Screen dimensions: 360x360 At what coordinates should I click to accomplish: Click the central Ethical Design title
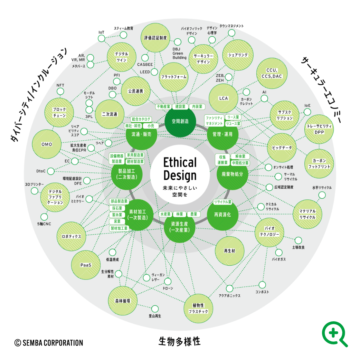(x=180, y=169)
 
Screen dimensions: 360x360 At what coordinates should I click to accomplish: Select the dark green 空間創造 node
(x=180, y=122)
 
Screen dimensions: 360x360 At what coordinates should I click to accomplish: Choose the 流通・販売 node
(x=141, y=134)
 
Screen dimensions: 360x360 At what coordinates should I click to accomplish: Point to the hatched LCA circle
(x=224, y=98)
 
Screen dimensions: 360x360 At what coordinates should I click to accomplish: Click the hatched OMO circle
(x=47, y=144)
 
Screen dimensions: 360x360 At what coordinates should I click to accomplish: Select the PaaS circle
(x=86, y=265)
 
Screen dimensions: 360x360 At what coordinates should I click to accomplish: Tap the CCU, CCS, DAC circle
(x=272, y=73)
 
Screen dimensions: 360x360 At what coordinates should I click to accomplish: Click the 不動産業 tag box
(x=163, y=107)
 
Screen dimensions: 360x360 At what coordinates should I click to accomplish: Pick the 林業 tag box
(x=180, y=214)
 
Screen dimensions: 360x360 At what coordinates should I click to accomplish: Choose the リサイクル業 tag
(x=223, y=202)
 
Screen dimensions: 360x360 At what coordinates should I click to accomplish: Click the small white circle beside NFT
(x=60, y=92)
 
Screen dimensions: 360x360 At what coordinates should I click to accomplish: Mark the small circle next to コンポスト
(x=262, y=285)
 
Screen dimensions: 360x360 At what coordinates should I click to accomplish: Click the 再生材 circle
(x=229, y=251)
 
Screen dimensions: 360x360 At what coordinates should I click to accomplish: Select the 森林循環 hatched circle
(x=123, y=301)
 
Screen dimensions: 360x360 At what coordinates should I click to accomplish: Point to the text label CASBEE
(x=145, y=65)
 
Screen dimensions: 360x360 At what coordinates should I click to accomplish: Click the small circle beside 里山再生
(x=155, y=309)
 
